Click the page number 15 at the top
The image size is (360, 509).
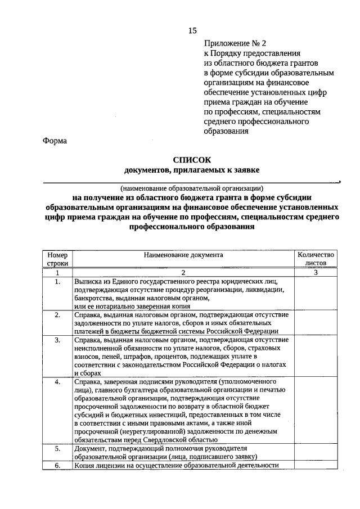pos(192,29)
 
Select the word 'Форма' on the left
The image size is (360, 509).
pos(55,141)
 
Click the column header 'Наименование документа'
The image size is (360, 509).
pos(183,255)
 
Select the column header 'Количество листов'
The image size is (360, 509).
pos(316,258)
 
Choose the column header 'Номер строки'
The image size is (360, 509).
pos(57,258)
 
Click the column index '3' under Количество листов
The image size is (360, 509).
pos(316,272)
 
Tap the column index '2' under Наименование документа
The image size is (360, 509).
pos(183,272)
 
